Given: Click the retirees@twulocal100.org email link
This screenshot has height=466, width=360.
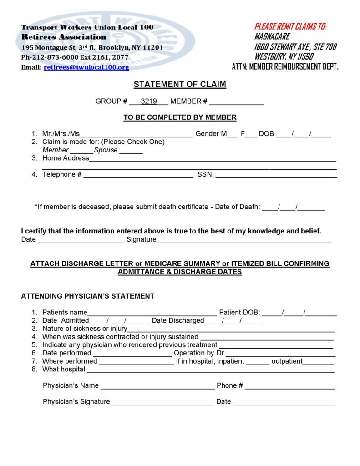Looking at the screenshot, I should pos(86,67).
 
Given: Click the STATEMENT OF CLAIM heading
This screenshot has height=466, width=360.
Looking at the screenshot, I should pos(180,85).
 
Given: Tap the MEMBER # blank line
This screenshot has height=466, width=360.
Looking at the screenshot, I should pos(237,102).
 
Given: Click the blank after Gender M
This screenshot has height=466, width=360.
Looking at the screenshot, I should pos(232,135).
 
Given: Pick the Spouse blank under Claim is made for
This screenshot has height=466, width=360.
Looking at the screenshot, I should pos(131,151).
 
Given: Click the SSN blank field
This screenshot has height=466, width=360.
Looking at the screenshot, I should pos(276,175).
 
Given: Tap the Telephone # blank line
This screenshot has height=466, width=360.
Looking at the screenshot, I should pos(138,175).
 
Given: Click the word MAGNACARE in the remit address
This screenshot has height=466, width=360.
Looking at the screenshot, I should pos(272,36).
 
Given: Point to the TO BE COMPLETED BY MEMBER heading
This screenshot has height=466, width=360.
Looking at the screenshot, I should pos(180,117).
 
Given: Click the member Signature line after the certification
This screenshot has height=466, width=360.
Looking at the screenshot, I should pos(244,240).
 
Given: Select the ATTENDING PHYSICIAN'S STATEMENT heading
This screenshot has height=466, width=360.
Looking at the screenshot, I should pos(88,296).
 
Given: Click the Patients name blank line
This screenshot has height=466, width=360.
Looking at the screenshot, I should pos(152,314).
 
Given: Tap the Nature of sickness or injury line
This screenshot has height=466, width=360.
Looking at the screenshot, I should pos(231,329).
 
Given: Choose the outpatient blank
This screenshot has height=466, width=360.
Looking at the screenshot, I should pos(318,362).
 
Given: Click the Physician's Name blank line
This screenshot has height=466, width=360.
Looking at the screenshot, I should pos(157,387).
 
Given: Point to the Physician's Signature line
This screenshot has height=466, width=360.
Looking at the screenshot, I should pos(163,403).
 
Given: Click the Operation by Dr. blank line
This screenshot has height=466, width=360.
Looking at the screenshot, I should pos(281,354).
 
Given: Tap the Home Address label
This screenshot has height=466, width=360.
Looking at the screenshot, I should pos(66,158).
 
